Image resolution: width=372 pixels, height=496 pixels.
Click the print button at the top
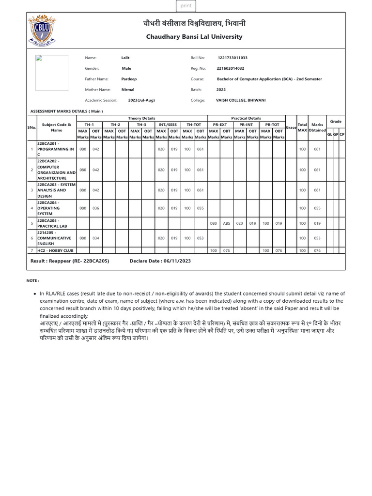tap(186, 6)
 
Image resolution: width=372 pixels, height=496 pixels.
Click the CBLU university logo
tap(42, 30)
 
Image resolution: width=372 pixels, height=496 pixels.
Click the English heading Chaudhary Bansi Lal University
tap(194, 37)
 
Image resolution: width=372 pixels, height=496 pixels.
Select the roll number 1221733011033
tap(232, 58)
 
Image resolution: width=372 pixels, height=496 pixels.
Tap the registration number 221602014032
tap(230, 68)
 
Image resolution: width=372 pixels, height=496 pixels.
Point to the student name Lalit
tap(125, 58)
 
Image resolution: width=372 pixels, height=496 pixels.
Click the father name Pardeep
tap(129, 79)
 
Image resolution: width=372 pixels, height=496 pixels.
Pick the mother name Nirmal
tap(128, 90)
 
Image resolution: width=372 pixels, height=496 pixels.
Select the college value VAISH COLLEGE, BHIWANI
tap(241, 100)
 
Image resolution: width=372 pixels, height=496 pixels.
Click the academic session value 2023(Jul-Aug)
tap(141, 100)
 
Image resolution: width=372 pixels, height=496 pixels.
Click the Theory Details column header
tap(141, 118)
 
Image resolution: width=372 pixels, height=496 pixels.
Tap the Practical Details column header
tap(246, 118)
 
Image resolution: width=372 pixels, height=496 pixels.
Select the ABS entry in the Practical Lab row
tap(226, 223)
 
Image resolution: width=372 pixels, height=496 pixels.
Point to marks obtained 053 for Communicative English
tap(317, 238)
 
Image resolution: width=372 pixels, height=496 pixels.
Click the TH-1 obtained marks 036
tap(96, 208)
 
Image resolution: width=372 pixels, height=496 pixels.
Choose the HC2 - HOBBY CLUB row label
tap(55, 250)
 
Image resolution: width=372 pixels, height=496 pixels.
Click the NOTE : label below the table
tap(32, 280)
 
